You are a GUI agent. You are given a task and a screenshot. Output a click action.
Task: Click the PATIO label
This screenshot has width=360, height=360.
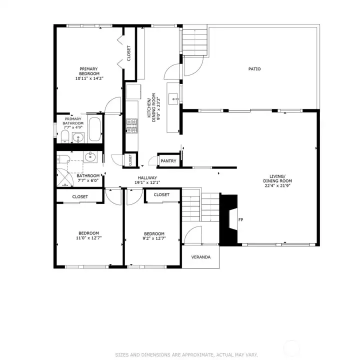click(x=254, y=69)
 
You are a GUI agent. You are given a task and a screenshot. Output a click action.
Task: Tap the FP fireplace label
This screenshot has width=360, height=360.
click(x=240, y=219)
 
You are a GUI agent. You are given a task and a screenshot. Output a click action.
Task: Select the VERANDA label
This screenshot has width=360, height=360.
click(x=201, y=257)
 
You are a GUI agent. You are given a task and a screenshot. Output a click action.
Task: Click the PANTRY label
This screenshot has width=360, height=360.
click(x=168, y=161)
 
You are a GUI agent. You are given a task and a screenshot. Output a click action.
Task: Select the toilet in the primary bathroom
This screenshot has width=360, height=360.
click(x=65, y=136)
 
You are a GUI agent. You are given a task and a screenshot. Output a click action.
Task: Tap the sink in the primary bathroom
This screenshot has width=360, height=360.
click(x=77, y=138)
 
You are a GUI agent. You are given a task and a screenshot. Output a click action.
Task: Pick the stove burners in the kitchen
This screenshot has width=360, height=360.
click(x=132, y=125)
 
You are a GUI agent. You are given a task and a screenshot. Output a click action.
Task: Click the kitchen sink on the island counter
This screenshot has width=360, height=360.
click(x=174, y=98)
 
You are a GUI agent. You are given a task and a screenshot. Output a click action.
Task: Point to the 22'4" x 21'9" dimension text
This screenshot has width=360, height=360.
click(x=277, y=186)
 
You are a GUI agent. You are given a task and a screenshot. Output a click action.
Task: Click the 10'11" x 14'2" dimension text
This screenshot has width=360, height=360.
click(x=88, y=78)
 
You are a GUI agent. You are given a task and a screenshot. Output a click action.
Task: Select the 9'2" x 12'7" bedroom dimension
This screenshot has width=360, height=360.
click(x=154, y=238)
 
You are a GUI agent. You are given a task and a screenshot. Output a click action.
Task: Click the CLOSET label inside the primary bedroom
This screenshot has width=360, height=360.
click(x=129, y=54)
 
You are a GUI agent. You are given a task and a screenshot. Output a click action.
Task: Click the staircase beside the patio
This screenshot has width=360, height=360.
click(x=195, y=40)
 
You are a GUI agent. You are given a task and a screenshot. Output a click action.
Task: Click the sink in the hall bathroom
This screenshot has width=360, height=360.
click(x=90, y=156)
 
